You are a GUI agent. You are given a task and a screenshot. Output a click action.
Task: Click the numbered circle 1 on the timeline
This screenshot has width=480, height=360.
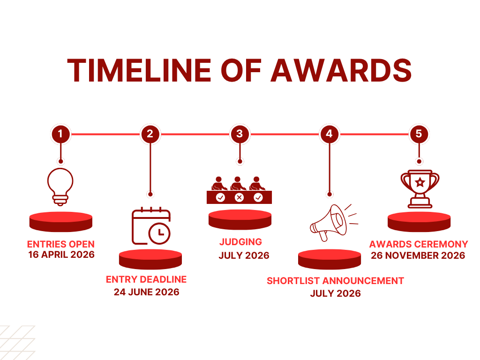click(60, 134)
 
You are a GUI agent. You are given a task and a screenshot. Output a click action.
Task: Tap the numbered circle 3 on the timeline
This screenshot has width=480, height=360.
click(240, 134)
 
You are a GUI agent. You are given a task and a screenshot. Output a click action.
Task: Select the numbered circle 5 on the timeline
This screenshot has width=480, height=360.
click(419, 134)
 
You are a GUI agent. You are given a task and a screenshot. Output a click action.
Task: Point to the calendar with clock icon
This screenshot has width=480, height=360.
click(151, 226)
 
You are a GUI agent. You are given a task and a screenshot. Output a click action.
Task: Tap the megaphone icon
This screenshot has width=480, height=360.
click(334, 223)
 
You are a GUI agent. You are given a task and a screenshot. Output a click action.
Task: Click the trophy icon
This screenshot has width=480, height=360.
click(420, 189)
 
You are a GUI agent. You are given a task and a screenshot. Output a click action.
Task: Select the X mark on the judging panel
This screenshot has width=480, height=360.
click(240, 197)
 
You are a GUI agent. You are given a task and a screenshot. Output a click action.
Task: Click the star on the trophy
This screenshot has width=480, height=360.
click(420, 182)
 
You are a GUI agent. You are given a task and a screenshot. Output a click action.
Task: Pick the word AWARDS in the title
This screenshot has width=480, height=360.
click(341, 70)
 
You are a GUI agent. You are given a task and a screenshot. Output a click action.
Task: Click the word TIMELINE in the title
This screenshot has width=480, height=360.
click(139, 70)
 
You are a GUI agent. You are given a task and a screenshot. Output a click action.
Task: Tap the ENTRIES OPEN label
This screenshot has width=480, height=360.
click(60, 244)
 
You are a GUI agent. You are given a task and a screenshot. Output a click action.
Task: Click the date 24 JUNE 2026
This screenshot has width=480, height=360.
click(147, 292)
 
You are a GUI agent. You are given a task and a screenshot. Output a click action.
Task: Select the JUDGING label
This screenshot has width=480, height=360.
click(240, 242)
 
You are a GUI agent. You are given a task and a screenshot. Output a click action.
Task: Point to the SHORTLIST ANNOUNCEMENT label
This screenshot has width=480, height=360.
click(335, 281)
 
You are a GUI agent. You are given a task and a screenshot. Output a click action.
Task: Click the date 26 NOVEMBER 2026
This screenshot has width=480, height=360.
click(418, 255)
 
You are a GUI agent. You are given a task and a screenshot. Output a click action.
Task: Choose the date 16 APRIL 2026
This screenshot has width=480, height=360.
click(61, 255)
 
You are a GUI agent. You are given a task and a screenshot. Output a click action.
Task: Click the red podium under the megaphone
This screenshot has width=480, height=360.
click(330, 259)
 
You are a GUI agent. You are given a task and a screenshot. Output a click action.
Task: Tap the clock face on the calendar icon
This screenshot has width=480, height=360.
click(159, 233)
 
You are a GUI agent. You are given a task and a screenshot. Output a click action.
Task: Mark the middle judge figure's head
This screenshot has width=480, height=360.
click(237, 180)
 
